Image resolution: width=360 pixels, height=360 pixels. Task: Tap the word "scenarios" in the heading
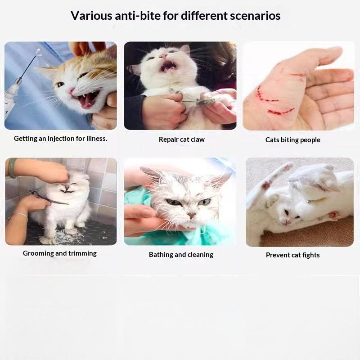(x=255, y=16)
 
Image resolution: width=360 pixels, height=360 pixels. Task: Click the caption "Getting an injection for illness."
(x=61, y=139)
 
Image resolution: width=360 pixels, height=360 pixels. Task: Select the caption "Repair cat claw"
(x=182, y=139)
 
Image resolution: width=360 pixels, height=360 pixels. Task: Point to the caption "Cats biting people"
(x=293, y=140)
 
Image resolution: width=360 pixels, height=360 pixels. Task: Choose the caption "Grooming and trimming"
(x=60, y=253)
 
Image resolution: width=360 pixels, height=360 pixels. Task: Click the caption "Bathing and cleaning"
(x=181, y=255)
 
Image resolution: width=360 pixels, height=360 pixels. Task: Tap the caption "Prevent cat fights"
(x=293, y=255)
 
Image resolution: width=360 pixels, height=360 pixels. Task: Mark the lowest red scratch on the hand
(x=280, y=112)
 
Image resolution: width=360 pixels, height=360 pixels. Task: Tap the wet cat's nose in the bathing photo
(x=191, y=216)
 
